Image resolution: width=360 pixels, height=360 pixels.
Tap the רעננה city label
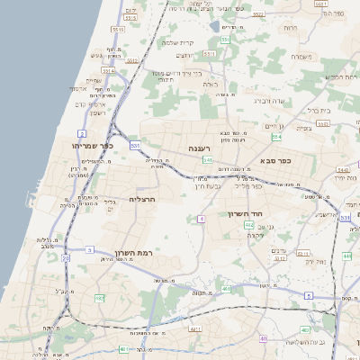199,148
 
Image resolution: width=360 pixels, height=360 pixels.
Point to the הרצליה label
143,199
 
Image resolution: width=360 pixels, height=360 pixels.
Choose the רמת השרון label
135,255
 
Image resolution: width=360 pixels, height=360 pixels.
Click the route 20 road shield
66,259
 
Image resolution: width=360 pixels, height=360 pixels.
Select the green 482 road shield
99,297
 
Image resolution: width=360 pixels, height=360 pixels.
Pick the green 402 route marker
249,225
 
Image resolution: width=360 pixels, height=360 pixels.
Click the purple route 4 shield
202,219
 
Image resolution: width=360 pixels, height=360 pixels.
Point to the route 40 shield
264,338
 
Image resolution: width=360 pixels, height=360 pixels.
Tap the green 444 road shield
347,256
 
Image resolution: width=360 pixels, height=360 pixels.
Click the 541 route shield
207,159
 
